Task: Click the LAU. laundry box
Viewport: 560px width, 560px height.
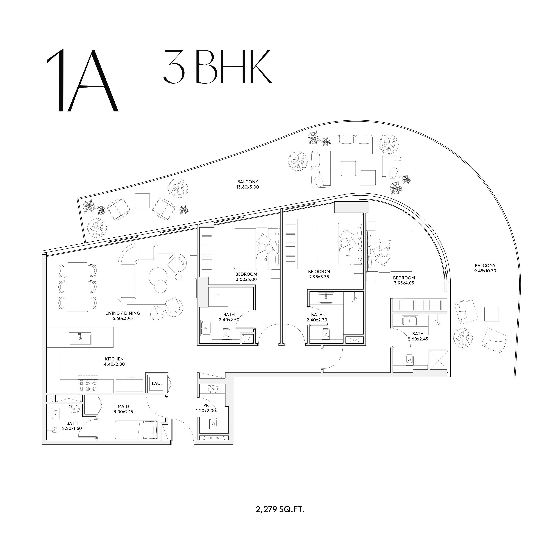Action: point(157,383)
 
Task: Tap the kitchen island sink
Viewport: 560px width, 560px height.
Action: point(80,339)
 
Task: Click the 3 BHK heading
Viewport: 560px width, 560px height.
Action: point(218,66)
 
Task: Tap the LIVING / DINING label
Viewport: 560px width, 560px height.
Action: point(123,313)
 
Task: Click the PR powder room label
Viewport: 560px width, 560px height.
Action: point(206,405)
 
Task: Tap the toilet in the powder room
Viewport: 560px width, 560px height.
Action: point(213,423)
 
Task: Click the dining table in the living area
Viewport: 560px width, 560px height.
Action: point(77,287)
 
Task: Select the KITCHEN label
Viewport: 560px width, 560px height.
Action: point(114,359)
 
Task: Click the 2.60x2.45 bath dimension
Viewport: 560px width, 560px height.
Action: point(418,339)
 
